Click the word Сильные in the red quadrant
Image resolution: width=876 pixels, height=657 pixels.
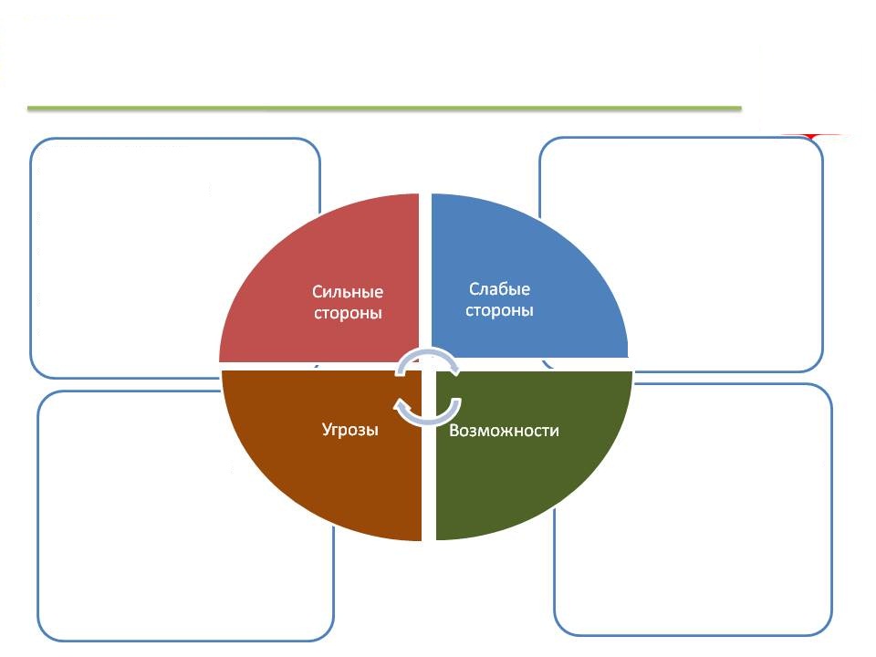348,292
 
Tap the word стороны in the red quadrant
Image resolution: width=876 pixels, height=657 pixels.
348,313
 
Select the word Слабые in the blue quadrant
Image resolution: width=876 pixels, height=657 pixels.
499,289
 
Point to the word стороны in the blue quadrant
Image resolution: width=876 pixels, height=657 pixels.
499,310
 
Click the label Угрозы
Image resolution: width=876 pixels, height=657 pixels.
350,430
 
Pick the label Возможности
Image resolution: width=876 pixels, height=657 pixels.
504,431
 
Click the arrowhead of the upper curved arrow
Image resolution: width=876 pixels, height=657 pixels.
453,369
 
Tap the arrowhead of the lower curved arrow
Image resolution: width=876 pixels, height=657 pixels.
401,404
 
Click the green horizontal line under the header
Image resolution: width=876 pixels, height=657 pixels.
384,108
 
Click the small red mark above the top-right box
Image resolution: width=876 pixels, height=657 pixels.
813,136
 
